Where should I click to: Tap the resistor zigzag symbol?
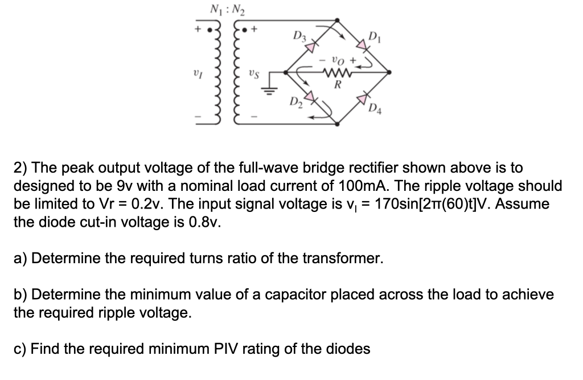[x=337, y=72]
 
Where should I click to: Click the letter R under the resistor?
[x=337, y=86]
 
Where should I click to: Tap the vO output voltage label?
[x=339, y=60]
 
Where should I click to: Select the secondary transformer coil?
[x=235, y=73]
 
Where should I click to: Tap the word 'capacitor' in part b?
[x=317, y=295]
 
